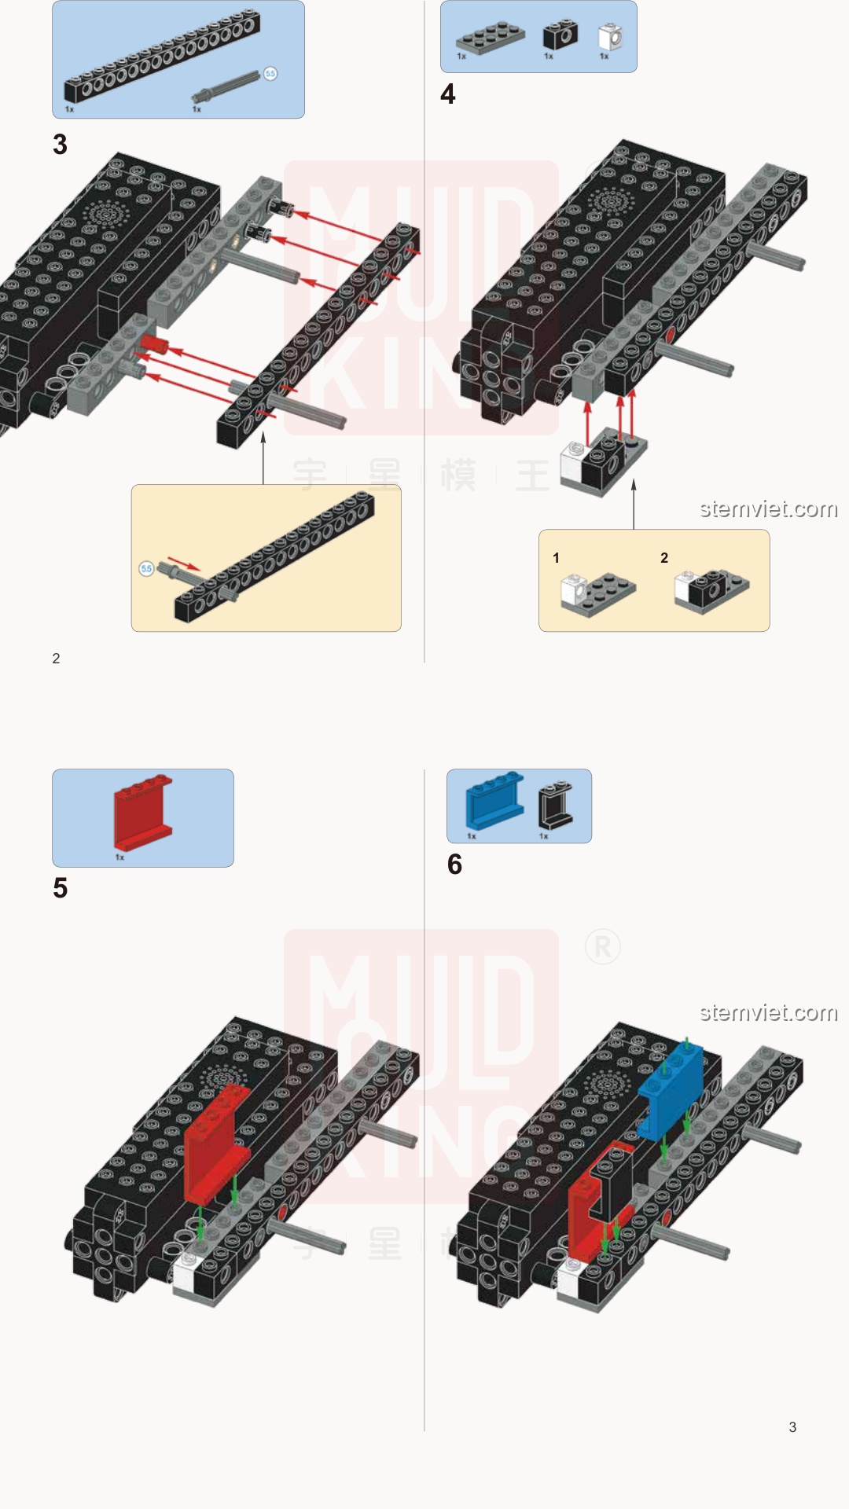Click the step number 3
60,145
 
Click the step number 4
448,94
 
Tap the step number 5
61,888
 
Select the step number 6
454,865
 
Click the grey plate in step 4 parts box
490,37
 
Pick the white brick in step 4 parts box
610,36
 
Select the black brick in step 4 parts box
560,35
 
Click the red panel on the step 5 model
211,1140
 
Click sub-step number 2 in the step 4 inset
664,558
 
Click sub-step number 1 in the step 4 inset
556,558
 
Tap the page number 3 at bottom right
792,1427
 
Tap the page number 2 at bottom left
56,659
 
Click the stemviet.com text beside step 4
768,509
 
